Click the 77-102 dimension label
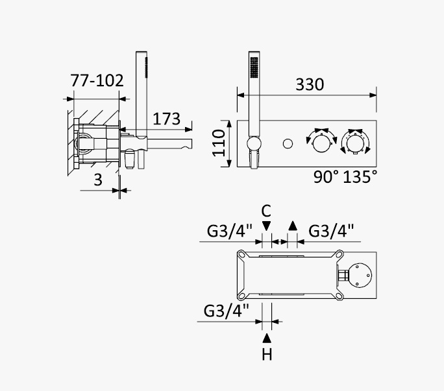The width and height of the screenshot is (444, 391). (97, 80)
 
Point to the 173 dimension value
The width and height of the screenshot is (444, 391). (166, 119)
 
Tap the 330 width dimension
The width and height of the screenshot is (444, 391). (310, 84)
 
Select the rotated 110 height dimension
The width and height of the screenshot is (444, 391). (219, 143)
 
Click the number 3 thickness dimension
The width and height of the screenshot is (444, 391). (98, 180)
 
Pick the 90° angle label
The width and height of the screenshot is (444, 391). (326, 177)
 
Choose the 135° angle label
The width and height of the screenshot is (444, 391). (360, 177)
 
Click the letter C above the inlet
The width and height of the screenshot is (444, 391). (266, 211)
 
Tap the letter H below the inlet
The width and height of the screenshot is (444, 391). (267, 354)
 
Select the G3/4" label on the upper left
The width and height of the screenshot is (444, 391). (229, 231)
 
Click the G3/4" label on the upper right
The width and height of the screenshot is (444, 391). (331, 231)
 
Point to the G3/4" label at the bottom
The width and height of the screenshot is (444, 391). (227, 311)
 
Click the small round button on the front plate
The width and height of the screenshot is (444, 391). (288, 143)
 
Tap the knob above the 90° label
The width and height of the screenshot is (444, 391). (321, 143)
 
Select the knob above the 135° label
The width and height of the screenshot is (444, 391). (356, 143)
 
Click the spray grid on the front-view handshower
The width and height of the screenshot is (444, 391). (254, 67)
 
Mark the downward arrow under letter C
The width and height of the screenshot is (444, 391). (266, 226)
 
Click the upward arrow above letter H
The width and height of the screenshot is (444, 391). (267, 338)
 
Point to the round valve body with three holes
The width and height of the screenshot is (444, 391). (360, 276)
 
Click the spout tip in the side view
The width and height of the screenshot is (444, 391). (189, 144)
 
